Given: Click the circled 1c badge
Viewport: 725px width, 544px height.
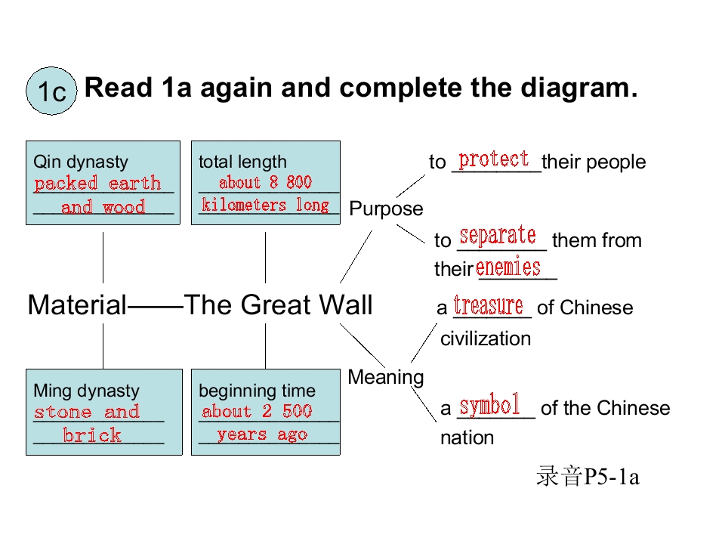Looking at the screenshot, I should point(52,91).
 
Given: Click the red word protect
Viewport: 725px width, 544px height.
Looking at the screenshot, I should point(494,159).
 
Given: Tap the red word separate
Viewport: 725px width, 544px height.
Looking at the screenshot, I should point(498,236).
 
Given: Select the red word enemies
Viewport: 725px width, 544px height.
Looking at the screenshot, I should point(508,267).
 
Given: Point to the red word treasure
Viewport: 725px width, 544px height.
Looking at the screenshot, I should point(489,305).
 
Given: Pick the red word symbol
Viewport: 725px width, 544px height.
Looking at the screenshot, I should point(490,406).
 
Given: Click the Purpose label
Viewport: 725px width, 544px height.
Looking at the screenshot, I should point(387,209).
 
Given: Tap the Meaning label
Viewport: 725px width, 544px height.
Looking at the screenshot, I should point(386,376).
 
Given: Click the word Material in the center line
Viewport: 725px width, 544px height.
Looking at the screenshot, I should point(77,305).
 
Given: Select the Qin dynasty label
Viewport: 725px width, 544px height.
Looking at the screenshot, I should point(81,162).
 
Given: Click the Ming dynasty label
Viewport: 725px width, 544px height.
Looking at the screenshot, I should point(86,391).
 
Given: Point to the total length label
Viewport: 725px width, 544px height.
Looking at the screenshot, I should point(242,162).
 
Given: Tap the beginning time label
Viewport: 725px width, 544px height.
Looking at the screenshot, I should point(257,391).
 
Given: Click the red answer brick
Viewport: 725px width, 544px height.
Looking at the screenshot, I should point(92,436).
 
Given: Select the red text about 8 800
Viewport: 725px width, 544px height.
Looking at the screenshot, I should point(265,182).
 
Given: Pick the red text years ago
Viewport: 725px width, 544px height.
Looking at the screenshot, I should point(262,434).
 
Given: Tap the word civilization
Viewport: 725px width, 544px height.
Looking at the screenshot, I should point(486,338).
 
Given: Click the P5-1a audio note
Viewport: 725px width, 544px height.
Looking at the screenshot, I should point(588,478).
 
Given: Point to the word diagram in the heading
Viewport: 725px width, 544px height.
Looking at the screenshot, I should point(573,88).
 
